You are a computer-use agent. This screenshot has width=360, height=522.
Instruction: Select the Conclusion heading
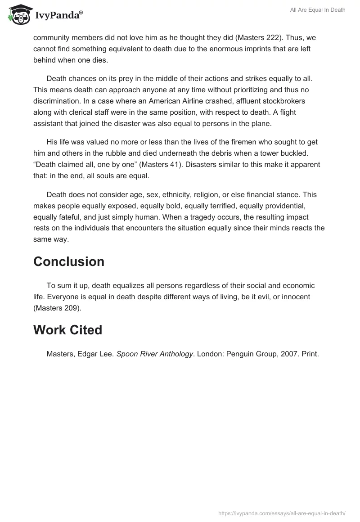pos(69,261)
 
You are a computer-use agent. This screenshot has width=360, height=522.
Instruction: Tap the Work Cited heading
pos(67,330)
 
